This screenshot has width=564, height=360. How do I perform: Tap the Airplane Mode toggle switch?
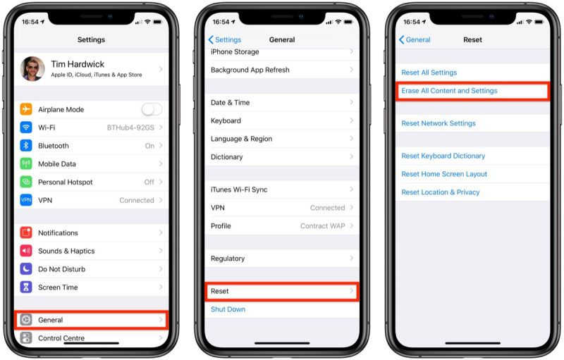click(x=152, y=109)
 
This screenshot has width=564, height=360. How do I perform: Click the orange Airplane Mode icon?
click(x=26, y=109)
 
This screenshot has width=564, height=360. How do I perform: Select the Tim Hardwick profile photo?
click(x=32, y=69)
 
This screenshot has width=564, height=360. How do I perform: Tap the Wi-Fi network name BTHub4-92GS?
click(x=130, y=128)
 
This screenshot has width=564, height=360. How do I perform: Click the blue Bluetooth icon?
click(x=26, y=146)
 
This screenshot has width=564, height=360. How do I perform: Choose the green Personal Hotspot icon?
click(x=26, y=182)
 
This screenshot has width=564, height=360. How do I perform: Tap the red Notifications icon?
click(x=26, y=232)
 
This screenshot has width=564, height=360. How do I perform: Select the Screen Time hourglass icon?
click(x=26, y=287)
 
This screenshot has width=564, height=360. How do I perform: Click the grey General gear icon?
click(x=26, y=320)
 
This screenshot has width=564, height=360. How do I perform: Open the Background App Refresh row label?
click(x=250, y=70)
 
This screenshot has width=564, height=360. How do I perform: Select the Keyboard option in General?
click(x=226, y=120)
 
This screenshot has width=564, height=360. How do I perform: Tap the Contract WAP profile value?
click(x=323, y=226)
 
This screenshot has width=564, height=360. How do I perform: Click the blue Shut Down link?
click(x=228, y=309)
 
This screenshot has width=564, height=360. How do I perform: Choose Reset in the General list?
click(x=220, y=291)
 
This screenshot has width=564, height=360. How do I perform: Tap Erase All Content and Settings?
click(x=449, y=91)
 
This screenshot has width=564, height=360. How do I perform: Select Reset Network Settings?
click(x=439, y=123)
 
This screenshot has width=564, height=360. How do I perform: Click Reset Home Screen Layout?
click(x=444, y=174)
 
